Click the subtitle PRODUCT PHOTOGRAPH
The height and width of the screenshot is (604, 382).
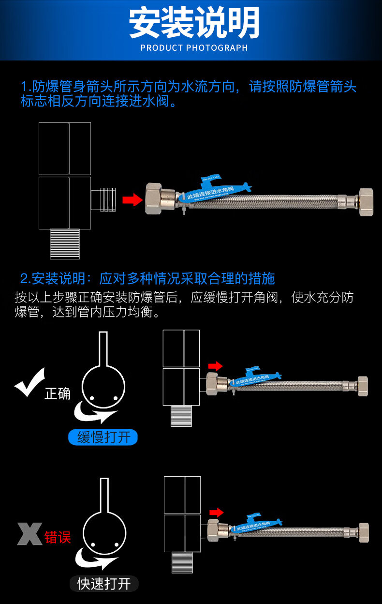tap(194, 48)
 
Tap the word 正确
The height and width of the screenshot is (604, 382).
tap(58, 393)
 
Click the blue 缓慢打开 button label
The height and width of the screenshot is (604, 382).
tap(103, 438)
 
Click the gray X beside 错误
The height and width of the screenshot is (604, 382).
tap(29, 534)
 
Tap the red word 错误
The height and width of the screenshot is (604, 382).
tap(58, 537)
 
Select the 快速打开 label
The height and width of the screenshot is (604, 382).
tap(104, 584)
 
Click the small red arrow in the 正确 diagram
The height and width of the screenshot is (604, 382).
tap(215, 366)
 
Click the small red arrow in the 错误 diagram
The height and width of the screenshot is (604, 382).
tap(216, 512)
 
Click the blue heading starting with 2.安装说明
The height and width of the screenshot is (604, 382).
tap(147, 278)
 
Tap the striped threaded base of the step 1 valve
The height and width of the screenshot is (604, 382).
tap(65, 243)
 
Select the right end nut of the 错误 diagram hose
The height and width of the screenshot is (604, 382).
tap(364, 532)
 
